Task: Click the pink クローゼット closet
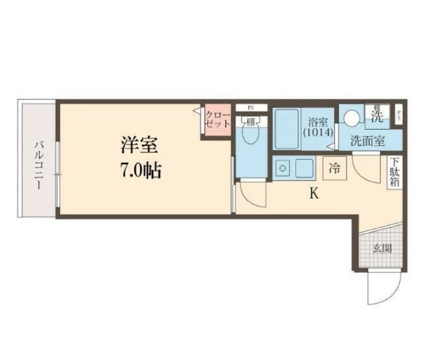pos(218,119)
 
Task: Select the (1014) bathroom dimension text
pos(318,133)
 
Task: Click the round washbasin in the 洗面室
pos(352,116)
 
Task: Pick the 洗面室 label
pos(367,141)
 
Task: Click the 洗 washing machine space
pos(376,114)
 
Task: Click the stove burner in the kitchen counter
pos(282,169)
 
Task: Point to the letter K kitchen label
pos(313,194)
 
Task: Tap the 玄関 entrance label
pos(382,248)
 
